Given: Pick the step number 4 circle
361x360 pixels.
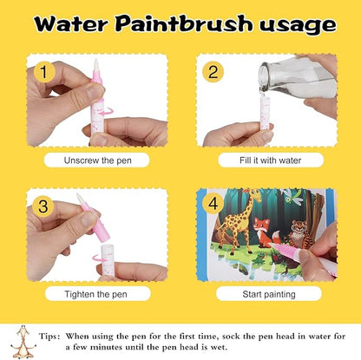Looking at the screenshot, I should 212,204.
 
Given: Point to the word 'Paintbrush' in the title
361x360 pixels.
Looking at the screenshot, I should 177,24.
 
